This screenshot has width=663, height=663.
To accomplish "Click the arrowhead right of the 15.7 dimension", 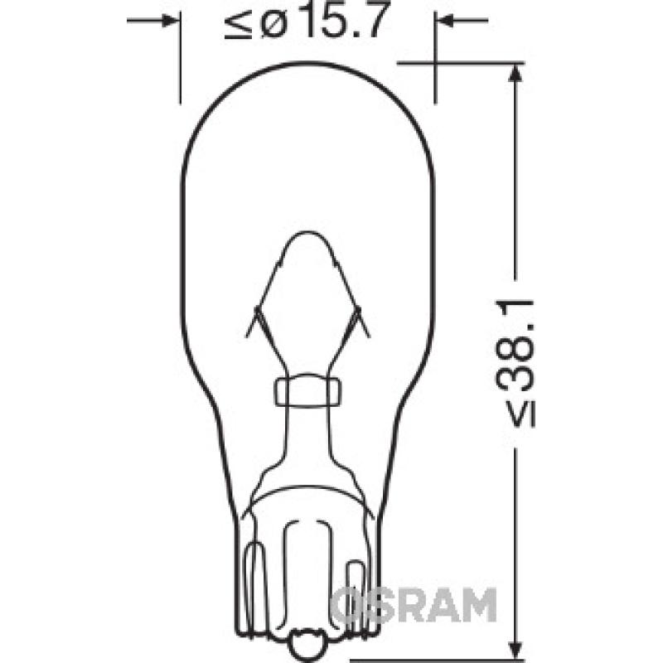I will (443, 20).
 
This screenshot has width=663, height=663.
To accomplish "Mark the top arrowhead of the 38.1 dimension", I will (515, 73).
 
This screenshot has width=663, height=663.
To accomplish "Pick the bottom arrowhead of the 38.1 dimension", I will (515, 651).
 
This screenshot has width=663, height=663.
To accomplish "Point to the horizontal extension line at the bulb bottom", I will (431, 661).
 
